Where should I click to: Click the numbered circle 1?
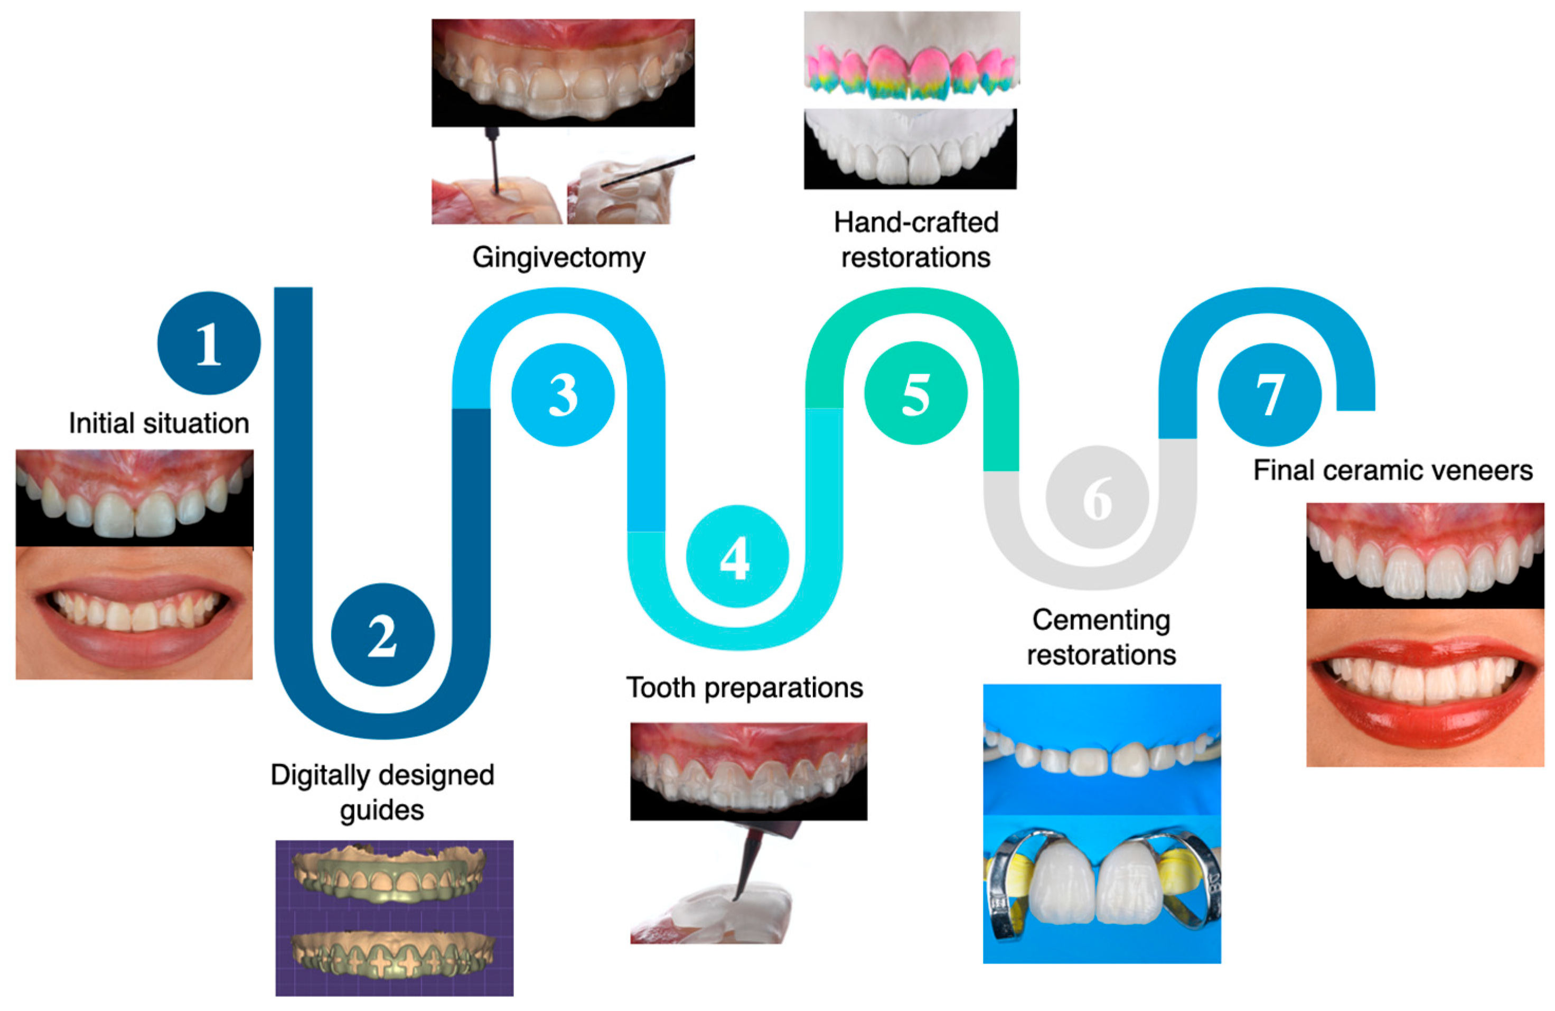(209, 343)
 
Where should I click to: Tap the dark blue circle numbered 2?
(382, 635)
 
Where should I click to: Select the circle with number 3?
(563, 395)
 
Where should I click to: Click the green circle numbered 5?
(915, 393)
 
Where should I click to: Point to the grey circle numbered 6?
(1097, 497)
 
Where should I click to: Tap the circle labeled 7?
(1269, 395)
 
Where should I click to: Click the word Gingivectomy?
(559, 257)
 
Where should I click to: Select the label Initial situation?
(159, 423)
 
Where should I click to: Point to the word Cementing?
(1101, 619)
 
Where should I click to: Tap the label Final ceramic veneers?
(1393, 470)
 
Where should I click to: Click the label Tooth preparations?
(745, 688)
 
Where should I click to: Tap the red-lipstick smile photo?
(1425, 686)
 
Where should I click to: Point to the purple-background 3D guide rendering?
(394, 917)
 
